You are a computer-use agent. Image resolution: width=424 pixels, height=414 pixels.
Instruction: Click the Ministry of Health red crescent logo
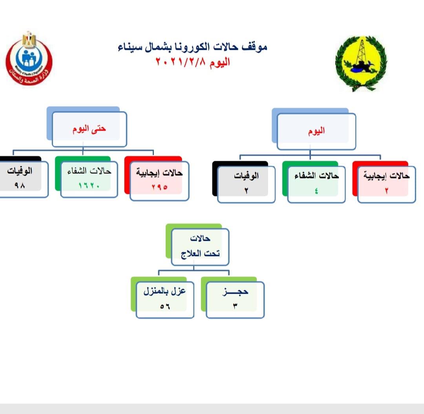[29, 58]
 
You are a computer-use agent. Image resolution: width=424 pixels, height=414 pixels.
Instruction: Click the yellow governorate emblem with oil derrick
[361, 64]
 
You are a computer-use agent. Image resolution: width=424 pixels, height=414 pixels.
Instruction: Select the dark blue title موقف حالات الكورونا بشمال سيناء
[192, 47]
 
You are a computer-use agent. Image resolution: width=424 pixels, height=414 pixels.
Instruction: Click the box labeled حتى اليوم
[89, 129]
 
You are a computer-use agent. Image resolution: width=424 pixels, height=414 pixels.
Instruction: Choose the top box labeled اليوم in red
[316, 131]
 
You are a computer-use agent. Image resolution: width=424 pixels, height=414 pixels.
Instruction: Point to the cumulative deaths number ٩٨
[20, 185]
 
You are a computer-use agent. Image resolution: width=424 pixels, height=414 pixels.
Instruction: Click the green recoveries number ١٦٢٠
[89, 185]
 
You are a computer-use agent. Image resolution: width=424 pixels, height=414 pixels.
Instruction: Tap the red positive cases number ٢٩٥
[159, 187]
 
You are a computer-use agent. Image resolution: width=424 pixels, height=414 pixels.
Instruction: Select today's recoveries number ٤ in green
[316, 191]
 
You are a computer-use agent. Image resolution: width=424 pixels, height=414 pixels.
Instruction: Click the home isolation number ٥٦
[165, 307]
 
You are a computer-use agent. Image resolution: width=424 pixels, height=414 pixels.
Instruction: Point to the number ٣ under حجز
[235, 306]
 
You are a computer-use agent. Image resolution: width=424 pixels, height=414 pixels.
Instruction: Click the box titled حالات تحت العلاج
[200, 247]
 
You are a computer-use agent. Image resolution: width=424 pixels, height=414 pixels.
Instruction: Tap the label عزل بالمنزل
[164, 291]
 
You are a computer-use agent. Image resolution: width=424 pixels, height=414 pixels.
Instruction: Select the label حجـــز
[235, 292]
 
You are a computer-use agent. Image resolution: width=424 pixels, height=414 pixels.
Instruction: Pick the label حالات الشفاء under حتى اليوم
[89, 171]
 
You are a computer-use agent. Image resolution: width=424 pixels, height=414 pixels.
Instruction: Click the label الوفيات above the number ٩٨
[20, 171]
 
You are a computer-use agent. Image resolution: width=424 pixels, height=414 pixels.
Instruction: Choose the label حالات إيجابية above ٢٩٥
[159, 172]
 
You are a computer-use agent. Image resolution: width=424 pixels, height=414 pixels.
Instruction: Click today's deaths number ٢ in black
[246, 191]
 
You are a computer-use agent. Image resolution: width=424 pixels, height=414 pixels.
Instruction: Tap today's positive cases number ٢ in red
[387, 191]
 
